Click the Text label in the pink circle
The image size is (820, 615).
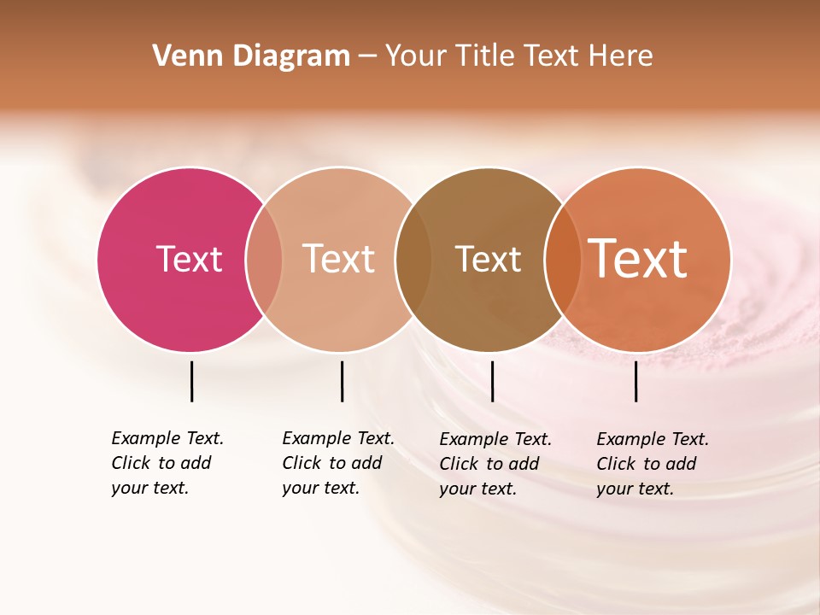tap(189, 259)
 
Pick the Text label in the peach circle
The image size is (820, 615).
tap(339, 259)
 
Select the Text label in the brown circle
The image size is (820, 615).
tap(488, 259)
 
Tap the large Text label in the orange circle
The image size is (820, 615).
tap(638, 259)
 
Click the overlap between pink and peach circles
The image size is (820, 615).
tap(265, 259)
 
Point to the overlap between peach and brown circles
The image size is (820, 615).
tap(413, 259)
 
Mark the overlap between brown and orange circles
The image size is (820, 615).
tap(562, 259)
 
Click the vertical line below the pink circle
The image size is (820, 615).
tap(191, 381)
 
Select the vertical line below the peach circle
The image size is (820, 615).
tap(342, 381)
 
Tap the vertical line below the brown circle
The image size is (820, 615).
tap(492, 381)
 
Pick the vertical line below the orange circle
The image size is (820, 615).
tap(635, 381)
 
